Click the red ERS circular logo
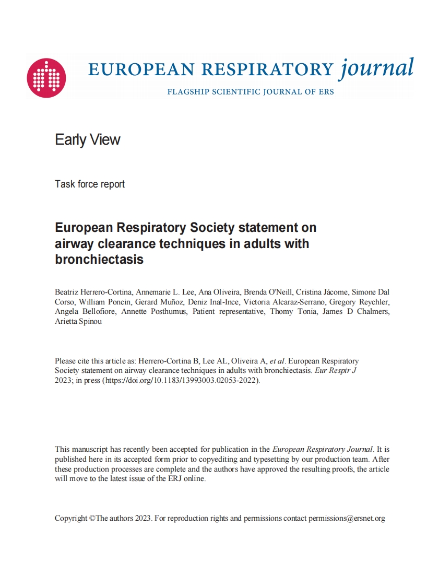pyautogui.click(x=46, y=78)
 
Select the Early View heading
pyautogui.click(x=88, y=139)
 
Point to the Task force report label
pyautogui.click(x=90, y=184)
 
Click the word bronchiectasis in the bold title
pyautogui.click(x=99, y=259)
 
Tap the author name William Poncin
pyautogui.click(x=100, y=301)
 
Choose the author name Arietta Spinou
pyautogui.click(x=79, y=321)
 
